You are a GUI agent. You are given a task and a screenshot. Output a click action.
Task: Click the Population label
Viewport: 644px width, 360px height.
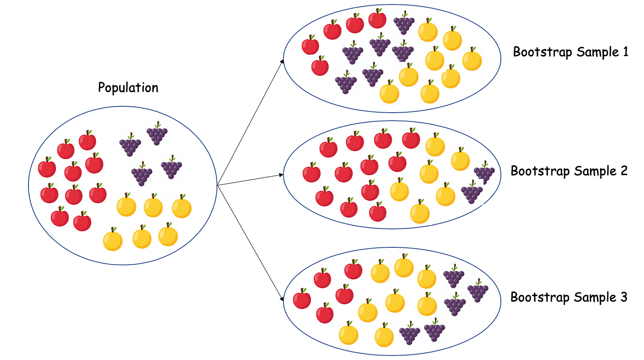point(128,87)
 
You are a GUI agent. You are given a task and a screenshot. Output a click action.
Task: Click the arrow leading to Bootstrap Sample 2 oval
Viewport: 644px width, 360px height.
point(251,180)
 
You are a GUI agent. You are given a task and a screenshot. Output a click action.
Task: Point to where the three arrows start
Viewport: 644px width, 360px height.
point(217,185)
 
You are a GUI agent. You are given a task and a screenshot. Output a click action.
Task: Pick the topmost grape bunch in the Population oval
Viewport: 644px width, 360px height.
point(157,133)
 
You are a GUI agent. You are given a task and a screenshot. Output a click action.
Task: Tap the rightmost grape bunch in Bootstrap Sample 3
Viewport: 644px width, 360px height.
point(478,291)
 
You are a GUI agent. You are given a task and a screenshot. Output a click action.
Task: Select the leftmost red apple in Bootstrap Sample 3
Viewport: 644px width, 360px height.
point(302,299)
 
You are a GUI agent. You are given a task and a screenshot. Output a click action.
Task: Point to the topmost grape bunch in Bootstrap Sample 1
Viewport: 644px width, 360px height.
point(404,23)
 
